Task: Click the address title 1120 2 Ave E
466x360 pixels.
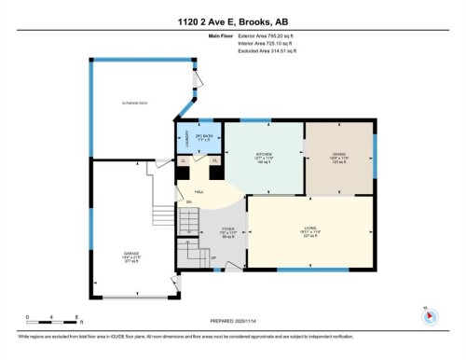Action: (x=232, y=22)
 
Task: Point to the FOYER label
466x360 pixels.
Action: (x=227, y=230)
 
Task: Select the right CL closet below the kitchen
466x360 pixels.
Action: (x=215, y=161)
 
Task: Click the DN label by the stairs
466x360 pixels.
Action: (x=189, y=201)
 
